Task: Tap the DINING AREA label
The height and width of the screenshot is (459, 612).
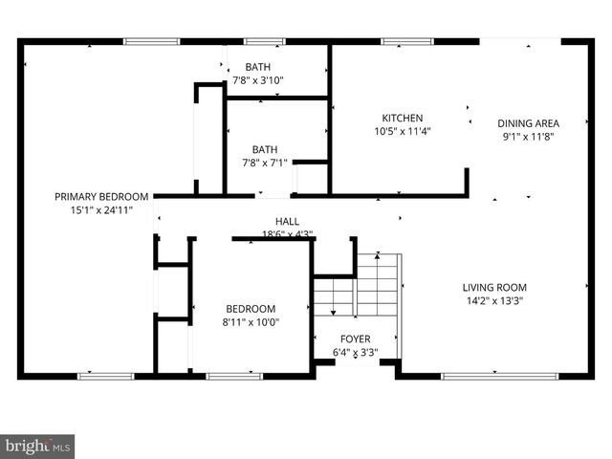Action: click(528, 123)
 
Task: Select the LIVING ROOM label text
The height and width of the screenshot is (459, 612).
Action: click(494, 288)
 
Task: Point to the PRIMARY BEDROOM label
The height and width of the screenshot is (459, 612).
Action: click(101, 196)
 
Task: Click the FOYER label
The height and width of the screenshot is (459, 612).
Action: click(355, 339)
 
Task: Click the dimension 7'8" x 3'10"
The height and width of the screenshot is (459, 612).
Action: click(257, 80)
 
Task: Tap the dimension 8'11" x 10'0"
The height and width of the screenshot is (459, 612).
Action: click(251, 322)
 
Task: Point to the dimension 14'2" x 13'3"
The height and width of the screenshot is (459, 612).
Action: click(494, 301)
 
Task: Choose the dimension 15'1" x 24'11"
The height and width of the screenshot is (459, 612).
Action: click(101, 209)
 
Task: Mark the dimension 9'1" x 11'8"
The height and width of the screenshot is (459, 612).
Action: click(528, 137)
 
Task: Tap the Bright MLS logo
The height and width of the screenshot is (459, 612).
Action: click(38, 446)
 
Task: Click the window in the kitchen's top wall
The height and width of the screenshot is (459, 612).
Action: click(396, 41)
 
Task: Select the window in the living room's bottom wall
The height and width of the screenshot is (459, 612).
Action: click(486, 376)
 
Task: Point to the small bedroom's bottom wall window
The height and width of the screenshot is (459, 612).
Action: click(235, 376)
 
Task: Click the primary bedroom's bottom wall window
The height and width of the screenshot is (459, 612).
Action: click(105, 376)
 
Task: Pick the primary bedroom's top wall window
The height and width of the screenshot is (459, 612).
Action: click(151, 41)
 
